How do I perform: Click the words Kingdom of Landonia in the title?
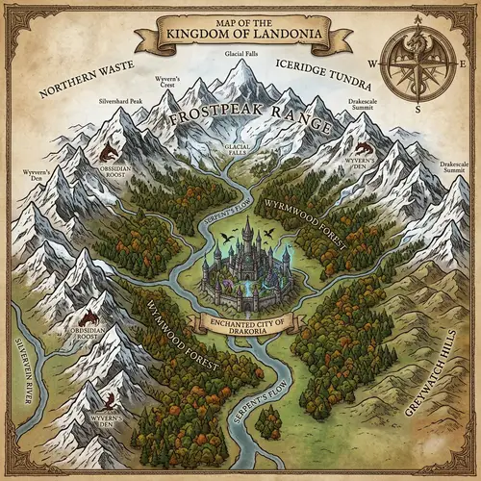(240, 37)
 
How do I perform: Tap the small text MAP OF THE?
(240, 22)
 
